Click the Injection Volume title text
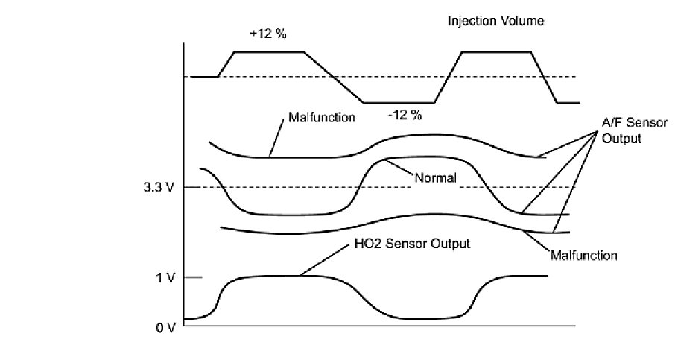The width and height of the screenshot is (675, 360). tap(495, 21)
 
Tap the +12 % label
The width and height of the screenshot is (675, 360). tap(268, 35)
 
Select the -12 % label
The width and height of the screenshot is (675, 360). tap(405, 115)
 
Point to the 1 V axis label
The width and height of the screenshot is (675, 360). tap(165, 278)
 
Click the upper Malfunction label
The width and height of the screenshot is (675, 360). tap(321, 117)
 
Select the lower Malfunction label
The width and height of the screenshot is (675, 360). tap(584, 256)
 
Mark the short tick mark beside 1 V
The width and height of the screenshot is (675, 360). tap(193, 278)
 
